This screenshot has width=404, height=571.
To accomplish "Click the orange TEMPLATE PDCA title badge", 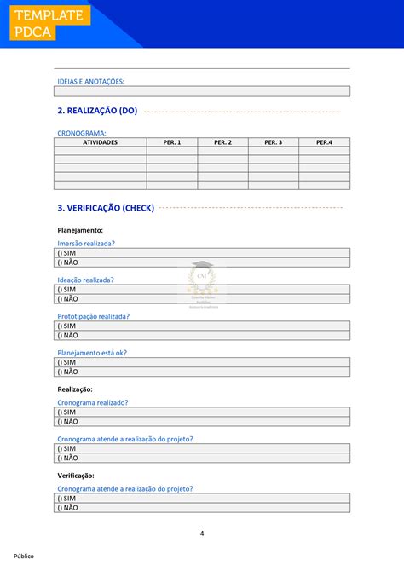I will click(48, 24).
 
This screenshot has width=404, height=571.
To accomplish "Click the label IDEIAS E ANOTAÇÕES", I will click(90, 81).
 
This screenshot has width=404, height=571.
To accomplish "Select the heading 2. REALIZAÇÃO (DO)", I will click(96, 111).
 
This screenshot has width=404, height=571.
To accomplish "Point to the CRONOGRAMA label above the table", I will click(81, 133).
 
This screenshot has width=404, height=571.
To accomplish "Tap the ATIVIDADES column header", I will click(100, 142).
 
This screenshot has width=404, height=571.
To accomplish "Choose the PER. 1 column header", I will click(171, 142).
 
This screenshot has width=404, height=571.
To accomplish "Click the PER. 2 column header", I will click(222, 142).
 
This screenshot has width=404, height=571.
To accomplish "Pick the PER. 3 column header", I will click(273, 142).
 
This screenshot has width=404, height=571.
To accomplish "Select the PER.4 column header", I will click(324, 142).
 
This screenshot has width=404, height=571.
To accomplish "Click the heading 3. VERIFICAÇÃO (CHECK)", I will click(106, 207).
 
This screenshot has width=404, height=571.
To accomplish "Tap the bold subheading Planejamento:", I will click(80, 230).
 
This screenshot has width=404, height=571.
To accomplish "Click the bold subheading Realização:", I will click(75, 389).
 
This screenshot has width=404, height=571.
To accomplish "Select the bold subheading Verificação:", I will click(76, 476).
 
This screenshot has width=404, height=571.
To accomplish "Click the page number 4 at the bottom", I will click(202, 534).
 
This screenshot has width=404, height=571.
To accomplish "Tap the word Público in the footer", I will click(23, 556).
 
